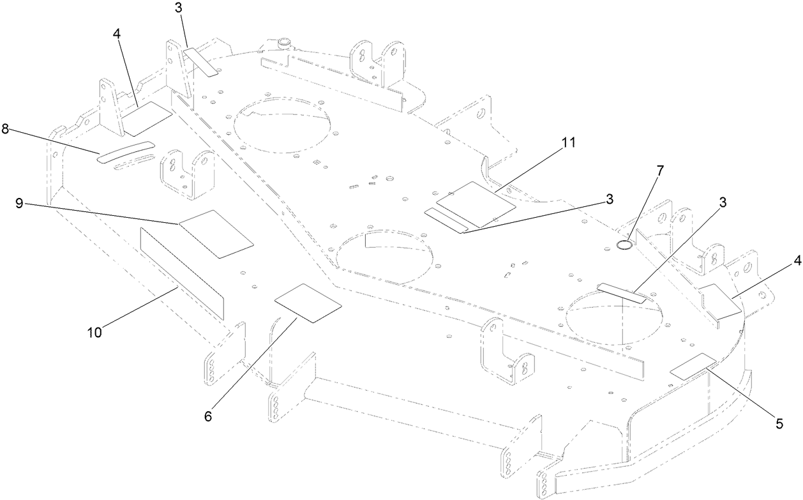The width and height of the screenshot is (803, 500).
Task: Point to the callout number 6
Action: tap(208, 416)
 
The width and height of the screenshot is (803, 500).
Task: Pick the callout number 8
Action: tap(5, 129)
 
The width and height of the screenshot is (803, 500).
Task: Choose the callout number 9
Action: tap(20, 204)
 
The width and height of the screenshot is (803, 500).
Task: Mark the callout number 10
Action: tap(95, 331)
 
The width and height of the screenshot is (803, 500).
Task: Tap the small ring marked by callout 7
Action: tap(626, 245)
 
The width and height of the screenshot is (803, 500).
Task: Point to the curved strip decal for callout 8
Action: tap(125, 153)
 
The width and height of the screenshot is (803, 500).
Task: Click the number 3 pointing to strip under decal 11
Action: tap(610, 199)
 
